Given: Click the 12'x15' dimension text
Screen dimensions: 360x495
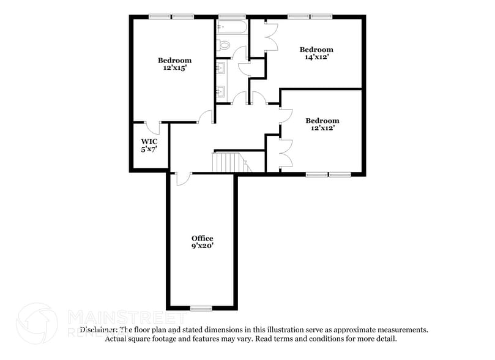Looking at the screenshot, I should (x=174, y=69).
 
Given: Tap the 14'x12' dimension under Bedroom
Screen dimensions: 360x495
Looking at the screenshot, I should (x=316, y=58).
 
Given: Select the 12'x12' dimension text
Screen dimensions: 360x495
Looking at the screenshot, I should (x=322, y=129).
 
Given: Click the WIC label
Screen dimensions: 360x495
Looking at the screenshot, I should (x=149, y=141).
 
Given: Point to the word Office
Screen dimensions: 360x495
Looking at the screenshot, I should (x=202, y=238).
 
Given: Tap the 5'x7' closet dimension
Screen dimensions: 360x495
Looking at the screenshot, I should (x=149, y=149).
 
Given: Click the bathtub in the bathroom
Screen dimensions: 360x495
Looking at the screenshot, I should (x=231, y=28).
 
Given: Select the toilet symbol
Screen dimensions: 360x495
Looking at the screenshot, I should (x=223, y=44).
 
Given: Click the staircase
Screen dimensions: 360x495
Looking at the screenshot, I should (x=228, y=162).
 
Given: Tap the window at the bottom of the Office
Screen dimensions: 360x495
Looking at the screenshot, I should (x=201, y=307).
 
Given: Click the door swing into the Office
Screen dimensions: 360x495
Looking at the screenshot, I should (x=182, y=178).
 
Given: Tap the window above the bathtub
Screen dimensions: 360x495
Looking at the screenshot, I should (x=232, y=16).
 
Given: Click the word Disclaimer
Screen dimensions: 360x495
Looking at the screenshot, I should (x=98, y=329).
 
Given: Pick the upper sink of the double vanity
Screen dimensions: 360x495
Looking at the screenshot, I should (x=221, y=67).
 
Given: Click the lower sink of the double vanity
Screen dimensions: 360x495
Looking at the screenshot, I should (x=221, y=92).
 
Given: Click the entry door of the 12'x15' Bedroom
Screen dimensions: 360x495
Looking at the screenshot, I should (x=206, y=117).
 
